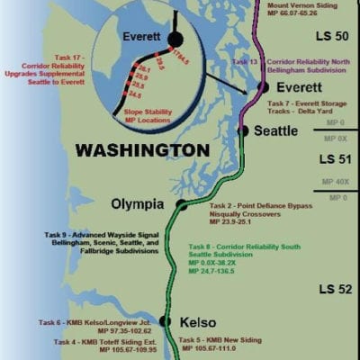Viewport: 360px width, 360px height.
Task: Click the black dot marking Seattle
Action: [242, 130]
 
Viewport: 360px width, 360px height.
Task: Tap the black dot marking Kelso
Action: [165, 320]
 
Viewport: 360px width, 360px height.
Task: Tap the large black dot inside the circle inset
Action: [175, 40]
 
